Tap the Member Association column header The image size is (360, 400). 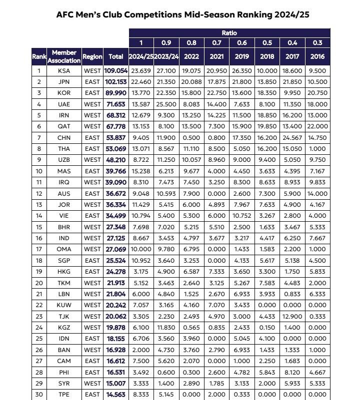click(64, 56)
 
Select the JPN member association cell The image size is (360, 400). click(64, 81)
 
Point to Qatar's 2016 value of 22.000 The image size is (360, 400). click(317, 126)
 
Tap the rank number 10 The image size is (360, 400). click(38, 171)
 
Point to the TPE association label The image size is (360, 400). click(64, 394)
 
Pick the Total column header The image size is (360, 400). click(116, 56)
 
